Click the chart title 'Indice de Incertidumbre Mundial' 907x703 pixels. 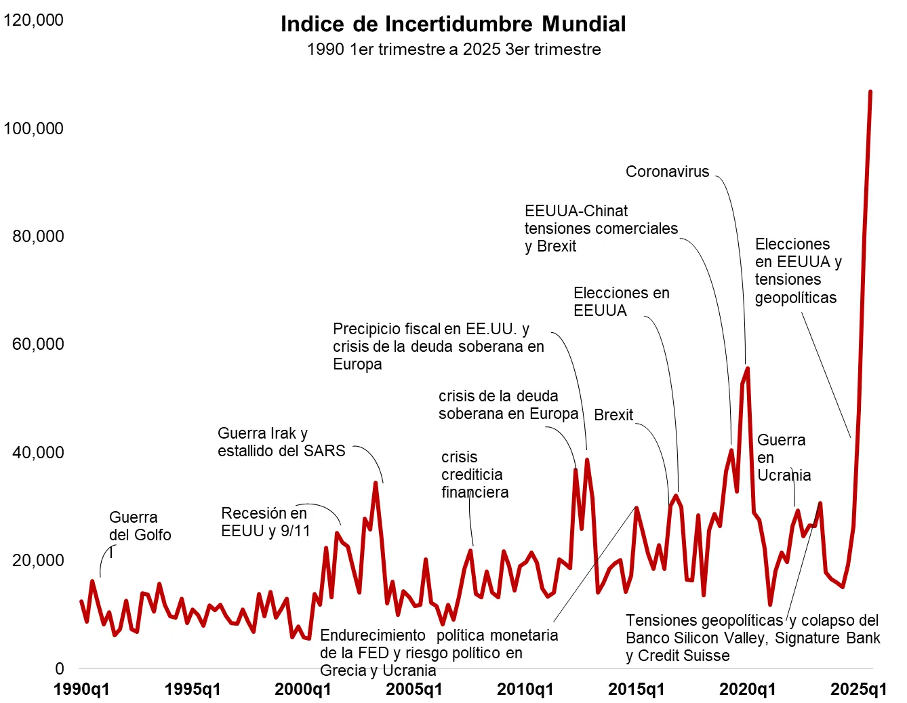(x=453, y=24)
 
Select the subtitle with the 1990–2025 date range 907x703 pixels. (x=453, y=49)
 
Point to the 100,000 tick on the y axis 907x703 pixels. (x=33, y=128)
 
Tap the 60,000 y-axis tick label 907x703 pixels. (x=38, y=344)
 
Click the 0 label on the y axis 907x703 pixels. (x=60, y=668)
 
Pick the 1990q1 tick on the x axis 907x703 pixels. (x=81, y=689)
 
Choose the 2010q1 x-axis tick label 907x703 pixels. (x=525, y=689)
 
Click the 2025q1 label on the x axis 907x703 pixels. (x=858, y=689)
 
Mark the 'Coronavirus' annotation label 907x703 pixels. (x=667, y=172)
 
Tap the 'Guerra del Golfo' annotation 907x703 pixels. (x=140, y=526)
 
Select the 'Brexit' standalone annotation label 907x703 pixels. (x=613, y=415)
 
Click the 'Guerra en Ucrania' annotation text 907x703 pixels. (x=783, y=458)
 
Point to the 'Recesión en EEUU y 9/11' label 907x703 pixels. (x=265, y=522)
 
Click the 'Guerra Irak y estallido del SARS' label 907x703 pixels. (x=281, y=442)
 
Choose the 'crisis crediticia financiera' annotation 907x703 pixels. (x=474, y=475)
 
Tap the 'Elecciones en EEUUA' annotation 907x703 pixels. (x=620, y=302)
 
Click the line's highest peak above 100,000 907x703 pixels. (x=870, y=92)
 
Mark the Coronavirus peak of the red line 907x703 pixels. (x=747, y=368)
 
